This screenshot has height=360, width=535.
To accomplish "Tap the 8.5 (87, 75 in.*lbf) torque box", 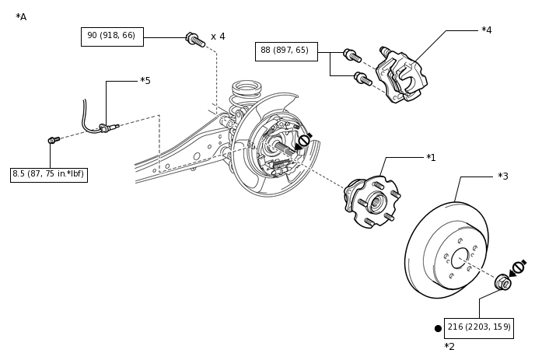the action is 49,174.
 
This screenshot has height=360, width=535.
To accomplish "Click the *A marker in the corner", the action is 21,17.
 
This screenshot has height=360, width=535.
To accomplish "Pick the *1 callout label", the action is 431,158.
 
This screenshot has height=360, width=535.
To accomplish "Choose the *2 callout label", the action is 449,347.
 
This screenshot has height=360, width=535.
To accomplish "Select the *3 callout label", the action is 503,176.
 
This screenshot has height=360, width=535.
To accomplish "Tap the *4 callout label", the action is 487,30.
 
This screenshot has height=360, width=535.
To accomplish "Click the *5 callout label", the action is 145,81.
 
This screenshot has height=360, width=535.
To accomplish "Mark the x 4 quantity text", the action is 218,37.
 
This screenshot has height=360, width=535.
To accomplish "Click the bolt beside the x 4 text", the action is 195,40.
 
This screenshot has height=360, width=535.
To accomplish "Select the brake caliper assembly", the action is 401,75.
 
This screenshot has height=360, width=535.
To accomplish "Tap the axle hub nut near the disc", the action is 503,282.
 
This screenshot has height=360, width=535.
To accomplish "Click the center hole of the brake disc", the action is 460,258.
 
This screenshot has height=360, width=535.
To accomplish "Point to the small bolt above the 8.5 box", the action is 54,139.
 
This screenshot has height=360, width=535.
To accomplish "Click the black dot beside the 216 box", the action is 438,329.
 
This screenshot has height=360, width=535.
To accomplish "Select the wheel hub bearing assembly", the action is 372,201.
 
